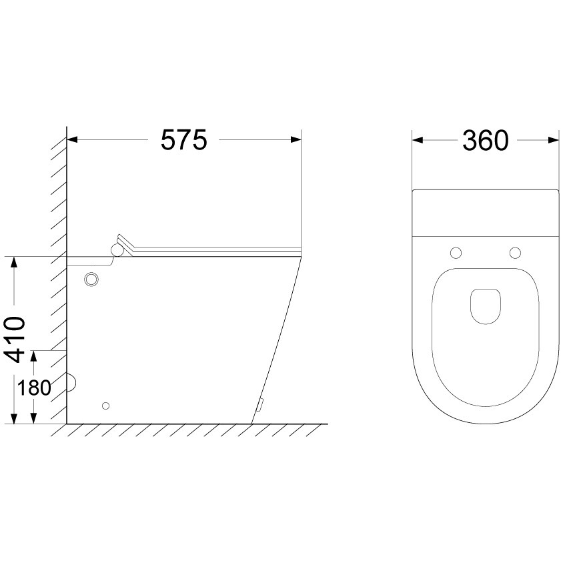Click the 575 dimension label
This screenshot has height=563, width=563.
[x=184, y=139]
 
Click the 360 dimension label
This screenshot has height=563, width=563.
[x=486, y=140]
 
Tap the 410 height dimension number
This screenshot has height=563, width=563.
[x=15, y=340]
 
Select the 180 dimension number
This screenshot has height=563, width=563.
[x=34, y=388]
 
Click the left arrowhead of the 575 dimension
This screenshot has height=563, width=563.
[x=73, y=139]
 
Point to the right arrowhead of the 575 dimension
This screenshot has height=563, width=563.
[x=296, y=139]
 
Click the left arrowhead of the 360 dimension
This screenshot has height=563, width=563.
[x=417, y=140]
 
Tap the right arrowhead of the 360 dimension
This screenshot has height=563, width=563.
[x=554, y=140]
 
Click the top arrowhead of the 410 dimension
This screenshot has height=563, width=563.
[x=14, y=262]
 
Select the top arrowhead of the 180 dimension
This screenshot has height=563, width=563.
[x=34, y=356]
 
